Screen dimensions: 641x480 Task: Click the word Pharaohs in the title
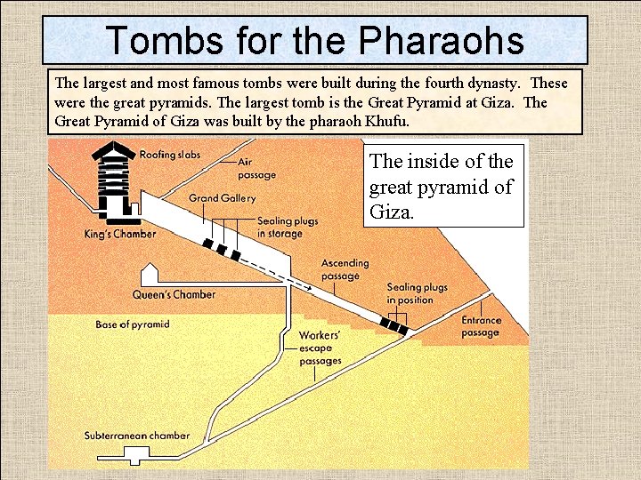442,41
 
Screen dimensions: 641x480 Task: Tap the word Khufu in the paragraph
388,122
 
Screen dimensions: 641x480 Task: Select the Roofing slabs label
170,156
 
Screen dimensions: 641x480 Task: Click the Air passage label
256,169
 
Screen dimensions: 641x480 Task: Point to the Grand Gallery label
223,198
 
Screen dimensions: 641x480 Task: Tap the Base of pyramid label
133,324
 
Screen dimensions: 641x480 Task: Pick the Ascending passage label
345,269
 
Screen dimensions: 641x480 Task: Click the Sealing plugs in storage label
288,228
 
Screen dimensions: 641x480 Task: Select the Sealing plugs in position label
417,294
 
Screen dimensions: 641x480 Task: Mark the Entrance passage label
481,326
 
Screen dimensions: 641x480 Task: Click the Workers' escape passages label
320,348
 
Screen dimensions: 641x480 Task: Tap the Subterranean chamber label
137,436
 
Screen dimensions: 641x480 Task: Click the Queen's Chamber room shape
150,275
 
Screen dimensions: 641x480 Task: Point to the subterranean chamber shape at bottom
137,457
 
